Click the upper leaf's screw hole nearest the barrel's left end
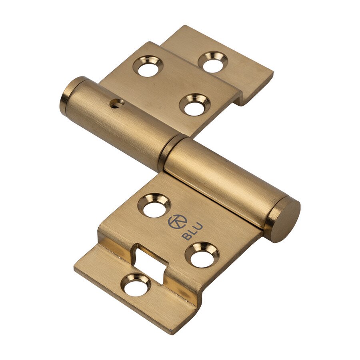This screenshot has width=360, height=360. click(148, 66)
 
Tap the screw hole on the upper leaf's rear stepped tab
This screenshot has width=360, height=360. click(213, 62)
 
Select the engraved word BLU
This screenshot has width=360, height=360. click(192, 232)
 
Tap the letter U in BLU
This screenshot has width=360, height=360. click(198, 226)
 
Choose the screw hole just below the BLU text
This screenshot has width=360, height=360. click(202, 255)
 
